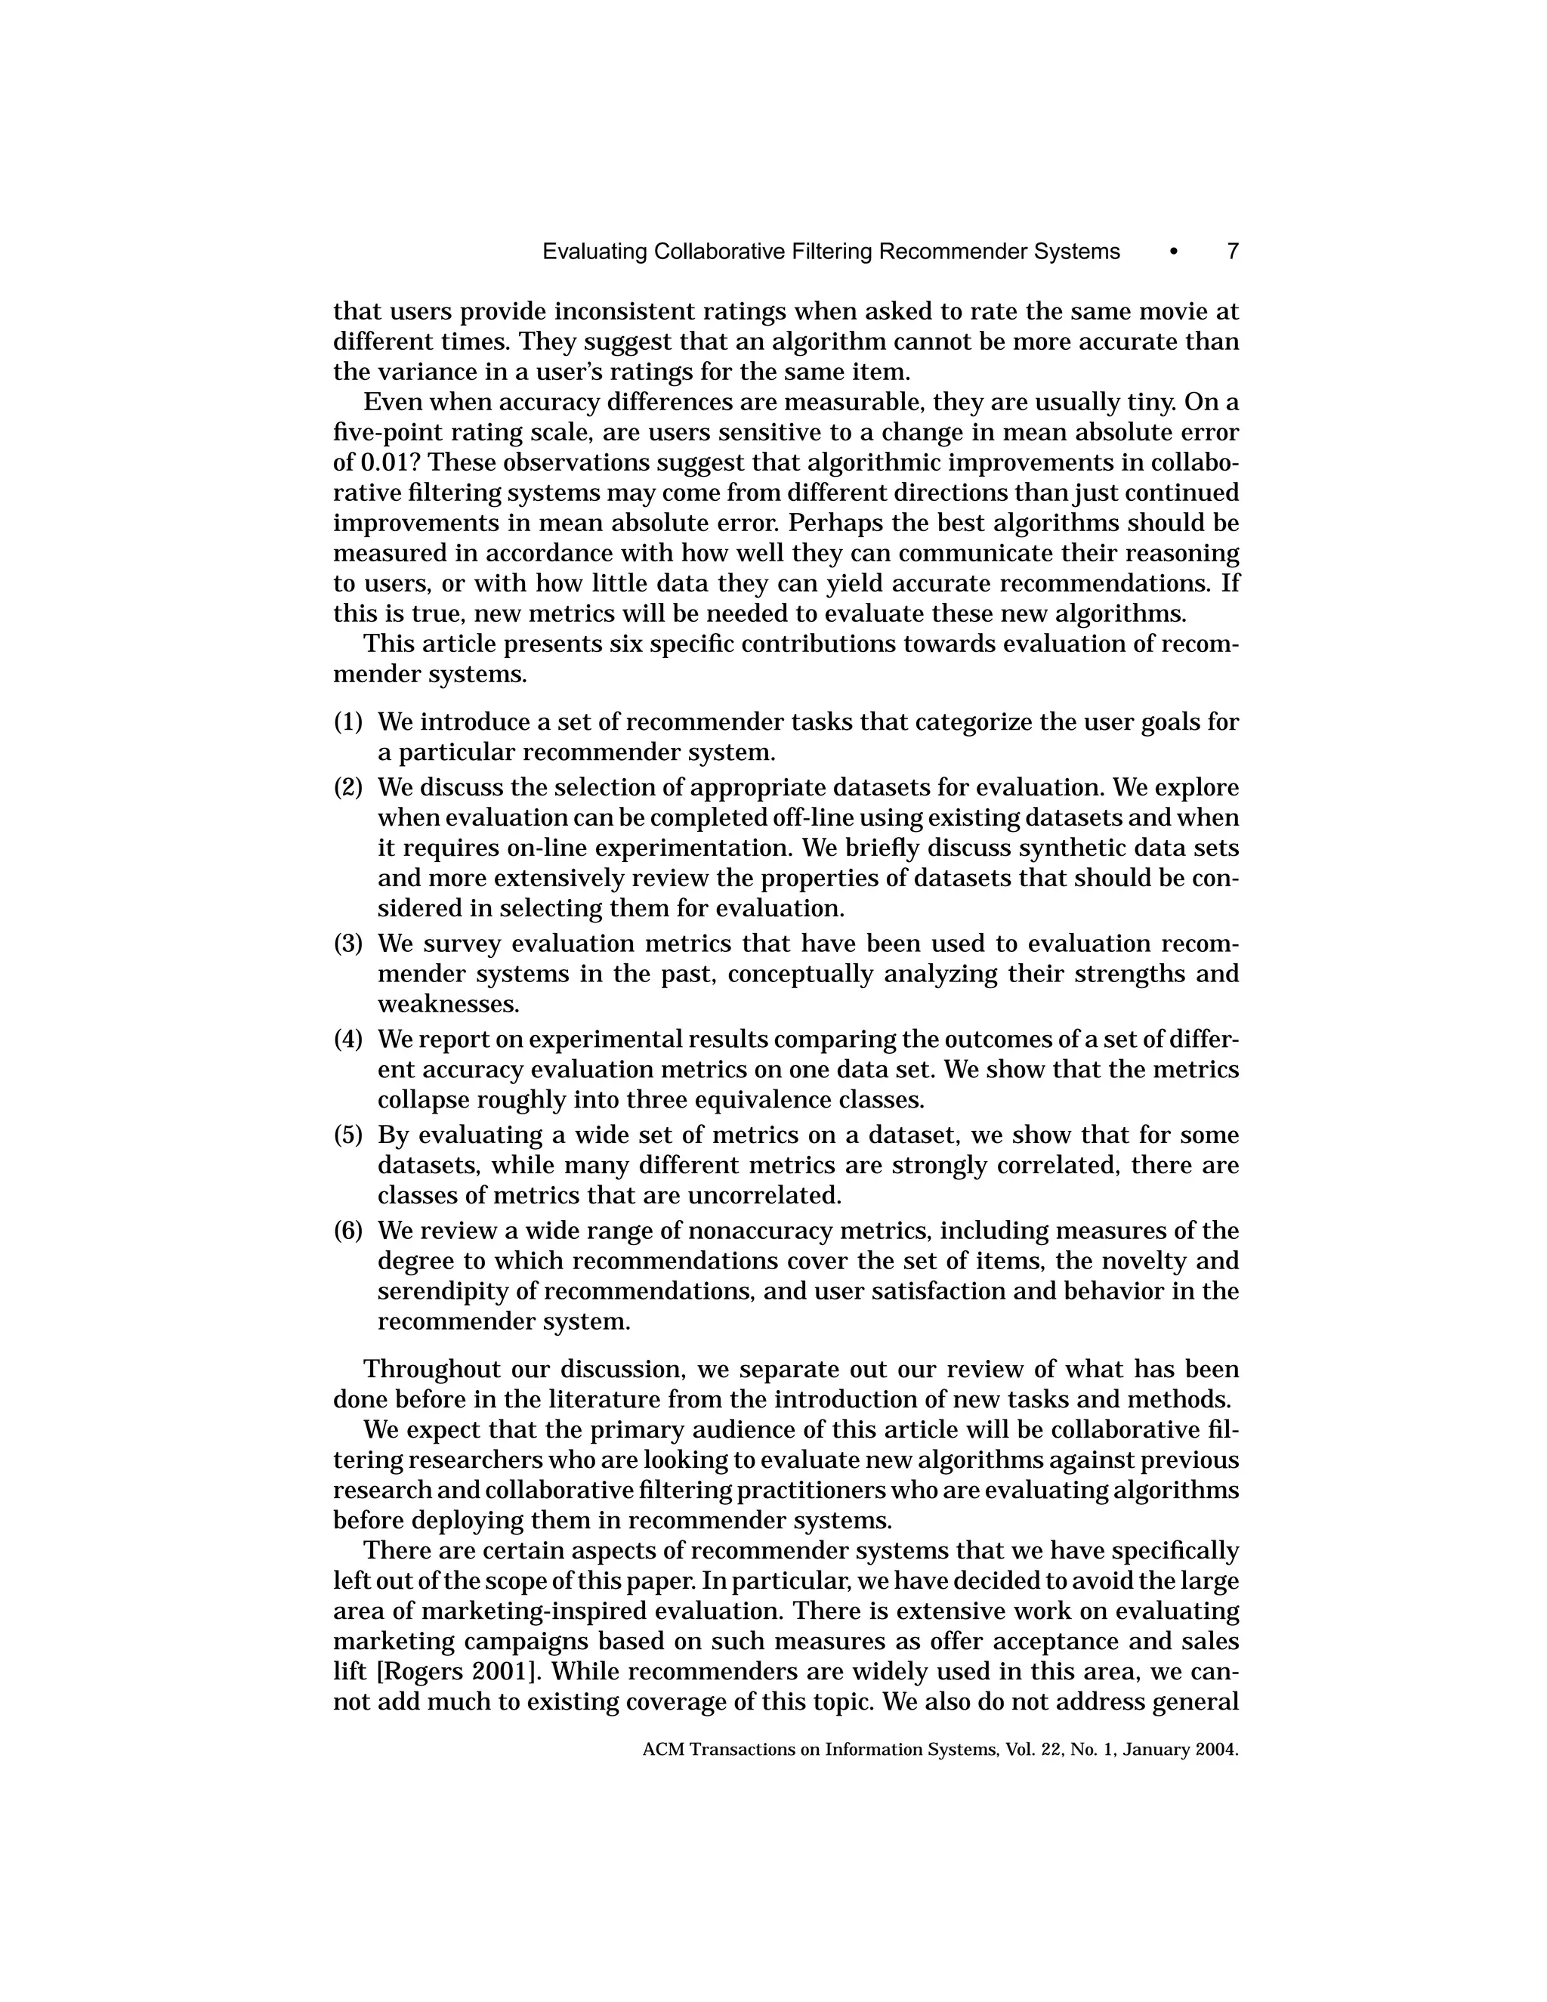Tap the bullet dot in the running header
pyautogui.click(x=1174, y=252)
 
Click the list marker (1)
pyautogui.click(x=348, y=722)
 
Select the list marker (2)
pyautogui.click(x=348, y=787)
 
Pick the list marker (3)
pyautogui.click(x=348, y=944)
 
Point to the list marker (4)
pyautogui.click(x=348, y=1040)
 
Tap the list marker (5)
pyautogui.click(x=348, y=1135)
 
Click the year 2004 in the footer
pyautogui.click(x=1216, y=1750)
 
